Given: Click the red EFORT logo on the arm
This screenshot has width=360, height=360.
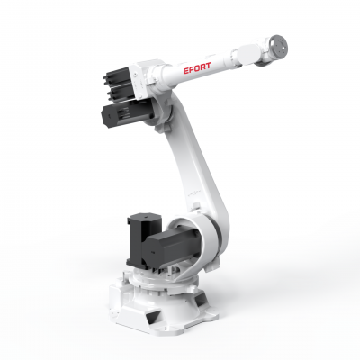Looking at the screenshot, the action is point(197,67).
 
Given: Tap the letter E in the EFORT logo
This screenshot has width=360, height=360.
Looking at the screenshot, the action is point(186,71).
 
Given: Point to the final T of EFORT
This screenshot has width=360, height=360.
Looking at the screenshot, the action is point(208,66).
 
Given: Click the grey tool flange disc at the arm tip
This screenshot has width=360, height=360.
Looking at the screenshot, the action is point(278,47).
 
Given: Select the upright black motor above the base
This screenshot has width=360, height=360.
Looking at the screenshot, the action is point(141,238).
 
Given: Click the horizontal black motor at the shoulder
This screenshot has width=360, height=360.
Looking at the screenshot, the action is point(171,245).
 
